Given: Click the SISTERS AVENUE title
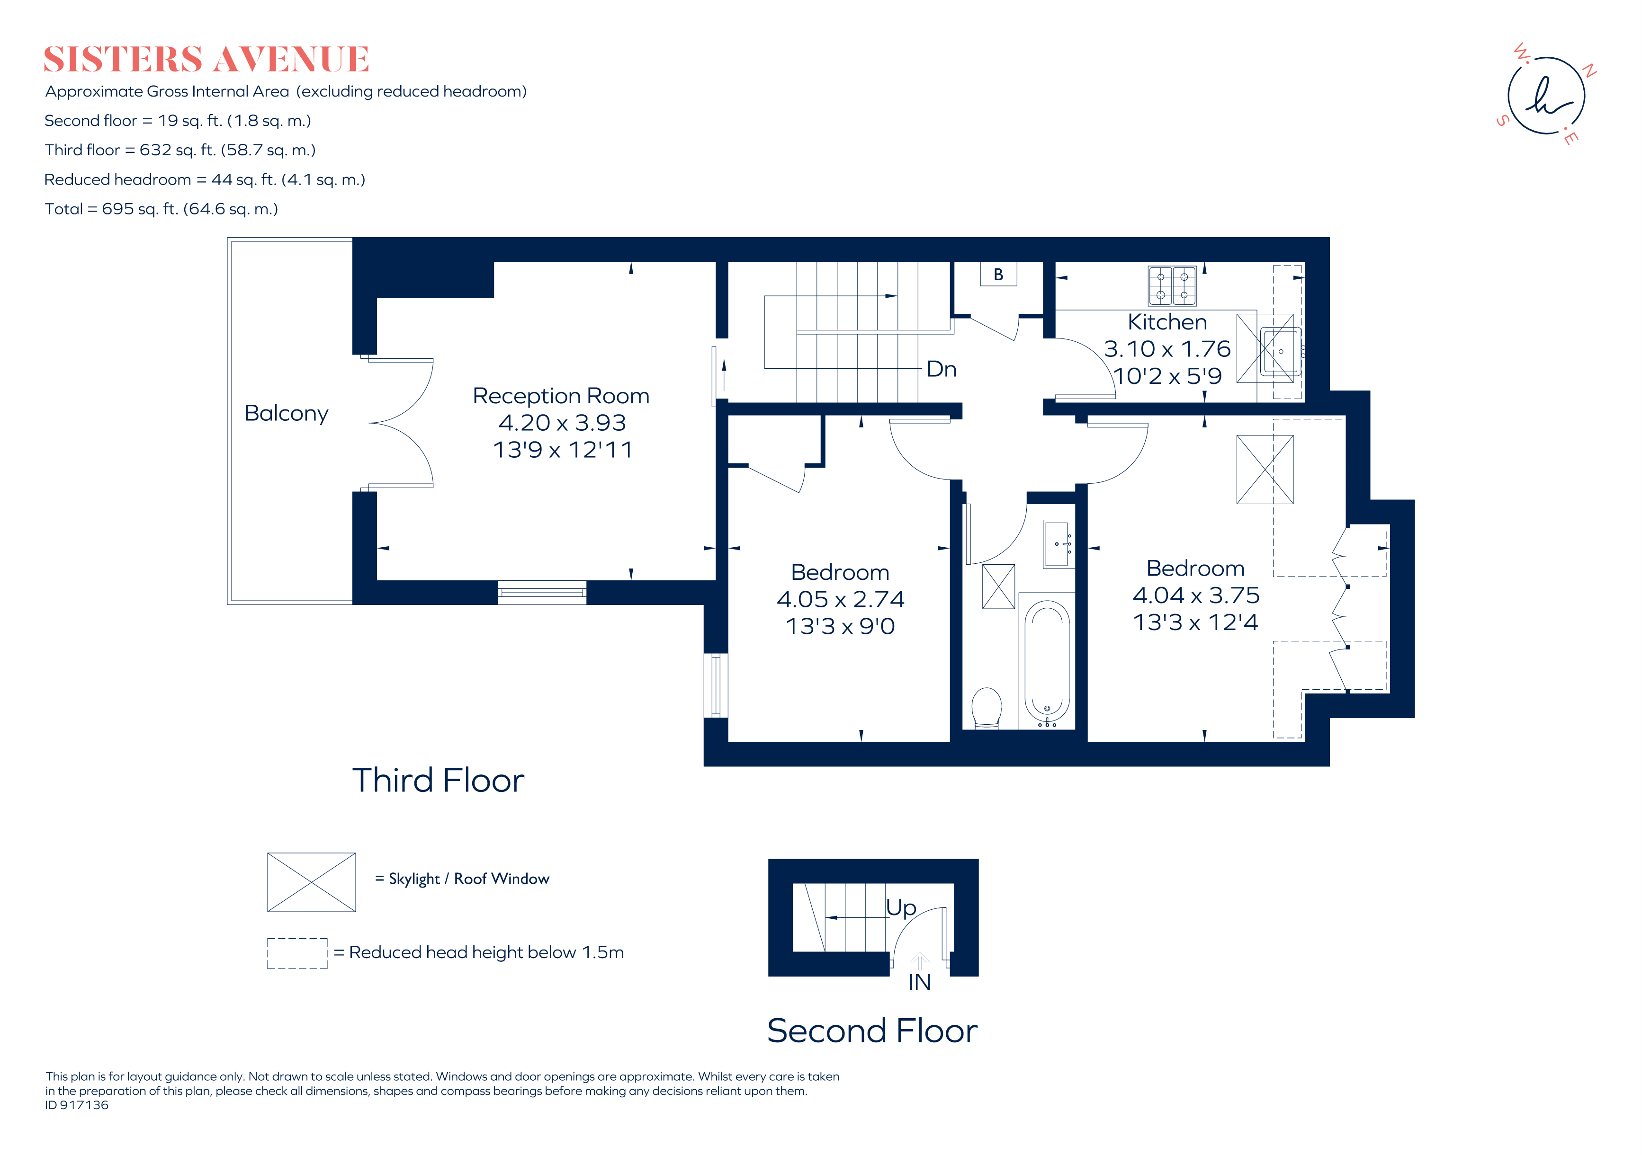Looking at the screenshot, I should click(206, 59).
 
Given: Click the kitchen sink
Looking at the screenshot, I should click(1279, 351).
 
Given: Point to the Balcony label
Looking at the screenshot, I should click(286, 413).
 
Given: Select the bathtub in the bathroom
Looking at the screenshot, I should click(1047, 661).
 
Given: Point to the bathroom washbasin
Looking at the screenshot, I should click(1059, 545).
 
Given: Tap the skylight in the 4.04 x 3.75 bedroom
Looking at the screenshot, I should click(1265, 470).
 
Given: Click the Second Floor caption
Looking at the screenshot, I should click(872, 1031).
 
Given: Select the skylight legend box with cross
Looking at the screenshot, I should click(311, 882).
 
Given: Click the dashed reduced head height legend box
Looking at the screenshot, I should click(297, 953).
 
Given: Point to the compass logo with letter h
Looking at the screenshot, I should click(1546, 96).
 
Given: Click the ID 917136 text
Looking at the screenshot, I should click(77, 1105).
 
